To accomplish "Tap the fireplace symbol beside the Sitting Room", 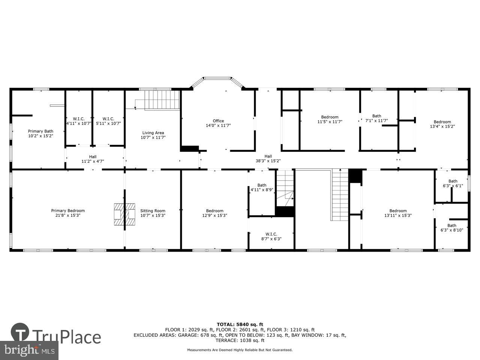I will click(x=124, y=214).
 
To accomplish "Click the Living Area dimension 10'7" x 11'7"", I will click(x=153, y=138).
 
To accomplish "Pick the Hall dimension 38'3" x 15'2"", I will click(x=268, y=161).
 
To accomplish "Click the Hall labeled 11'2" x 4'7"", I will click(x=93, y=159).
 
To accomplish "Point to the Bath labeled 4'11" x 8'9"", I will click(x=262, y=187).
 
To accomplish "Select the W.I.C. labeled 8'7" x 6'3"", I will click(x=271, y=236).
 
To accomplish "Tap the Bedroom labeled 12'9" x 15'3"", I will click(x=214, y=213).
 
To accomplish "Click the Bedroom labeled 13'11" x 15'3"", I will click(x=398, y=213).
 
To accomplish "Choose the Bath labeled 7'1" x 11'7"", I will click(x=376, y=118).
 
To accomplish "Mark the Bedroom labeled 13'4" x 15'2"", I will click(x=442, y=124).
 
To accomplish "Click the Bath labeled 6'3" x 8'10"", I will click(x=451, y=228).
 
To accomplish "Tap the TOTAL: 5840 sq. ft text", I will click(x=240, y=324).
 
